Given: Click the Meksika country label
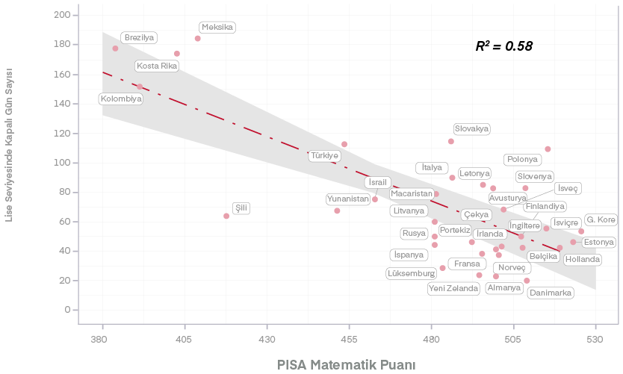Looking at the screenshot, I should (217, 27).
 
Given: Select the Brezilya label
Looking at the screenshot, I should (139, 37).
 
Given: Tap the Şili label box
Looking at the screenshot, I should (241, 208).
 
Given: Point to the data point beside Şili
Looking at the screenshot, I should (226, 216).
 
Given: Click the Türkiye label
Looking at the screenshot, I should (325, 156).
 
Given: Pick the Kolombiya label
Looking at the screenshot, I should (121, 99).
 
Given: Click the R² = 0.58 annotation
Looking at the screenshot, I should (504, 46).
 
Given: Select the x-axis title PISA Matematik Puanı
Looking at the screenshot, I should (346, 365).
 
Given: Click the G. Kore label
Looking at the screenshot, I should (601, 219).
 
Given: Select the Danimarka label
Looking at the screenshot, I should (551, 293).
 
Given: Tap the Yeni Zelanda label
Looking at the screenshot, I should (453, 288).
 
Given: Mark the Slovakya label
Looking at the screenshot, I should (472, 129).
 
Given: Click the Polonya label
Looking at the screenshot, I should (522, 159).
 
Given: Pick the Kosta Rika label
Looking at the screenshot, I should (157, 66).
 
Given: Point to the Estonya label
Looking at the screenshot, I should (598, 242).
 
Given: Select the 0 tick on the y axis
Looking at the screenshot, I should (67, 310).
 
